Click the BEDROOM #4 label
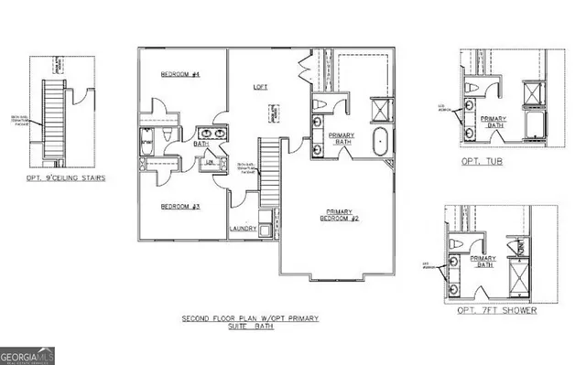(180, 74)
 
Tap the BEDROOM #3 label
(180, 207)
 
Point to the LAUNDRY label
(243, 229)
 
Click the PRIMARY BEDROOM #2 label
(338, 216)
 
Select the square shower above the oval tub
(378, 112)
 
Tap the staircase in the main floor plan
(268, 170)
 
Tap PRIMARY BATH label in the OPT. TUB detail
(494, 122)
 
